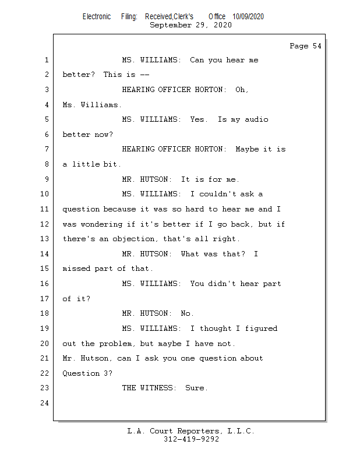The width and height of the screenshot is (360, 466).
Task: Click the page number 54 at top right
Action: (x=316, y=46)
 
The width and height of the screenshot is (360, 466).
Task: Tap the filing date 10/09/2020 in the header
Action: (x=248, y=16)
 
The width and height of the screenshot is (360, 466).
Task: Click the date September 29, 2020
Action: (x=190, y=25)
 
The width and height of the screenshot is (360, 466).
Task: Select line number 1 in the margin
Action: (x=45, y=60)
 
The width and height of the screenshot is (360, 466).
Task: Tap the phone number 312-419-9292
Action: (x=191, y=440)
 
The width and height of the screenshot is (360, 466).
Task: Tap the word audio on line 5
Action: (x=256, y=119)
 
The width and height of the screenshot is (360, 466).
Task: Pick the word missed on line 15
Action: (x=76, y=269)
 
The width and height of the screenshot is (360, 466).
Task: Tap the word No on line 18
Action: (x=186, y=313)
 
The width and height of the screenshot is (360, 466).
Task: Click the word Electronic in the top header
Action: (x=97, y=16)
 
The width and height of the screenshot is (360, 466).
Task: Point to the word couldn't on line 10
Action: (x=218, y=194)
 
